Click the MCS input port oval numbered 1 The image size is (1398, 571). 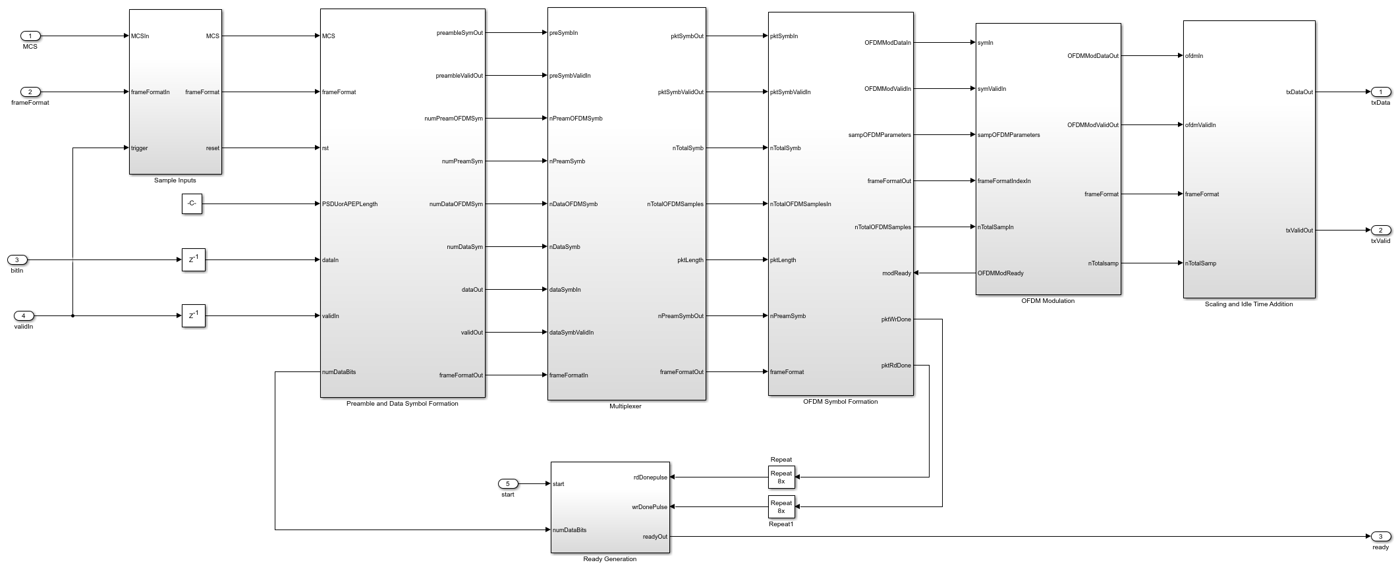pos(30,36)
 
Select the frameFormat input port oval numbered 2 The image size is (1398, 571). pos(30,92)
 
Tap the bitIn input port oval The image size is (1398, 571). pos(17,260)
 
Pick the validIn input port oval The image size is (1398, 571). pos(24,316)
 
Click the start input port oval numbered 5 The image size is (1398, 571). pos(508,484)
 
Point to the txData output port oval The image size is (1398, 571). pos(1380,92)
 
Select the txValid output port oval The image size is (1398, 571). pos(1380,231)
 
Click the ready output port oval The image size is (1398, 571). pos(1380,537)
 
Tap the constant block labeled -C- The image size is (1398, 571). pos(192,204)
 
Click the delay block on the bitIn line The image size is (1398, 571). pos(194,260)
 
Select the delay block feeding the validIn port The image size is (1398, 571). pos(194,316)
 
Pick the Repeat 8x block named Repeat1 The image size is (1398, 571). pos(781,507)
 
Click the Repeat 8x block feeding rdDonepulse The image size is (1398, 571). pos(781,477)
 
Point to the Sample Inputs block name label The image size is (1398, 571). pos(175,180)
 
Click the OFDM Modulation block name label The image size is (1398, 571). pos(1048,301)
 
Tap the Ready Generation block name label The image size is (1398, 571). pos(610,559)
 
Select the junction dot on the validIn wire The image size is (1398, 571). pos(72,316)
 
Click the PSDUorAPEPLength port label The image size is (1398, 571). pos(350,204)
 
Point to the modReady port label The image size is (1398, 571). pos(897,273)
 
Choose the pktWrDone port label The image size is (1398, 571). pos(896,319)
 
